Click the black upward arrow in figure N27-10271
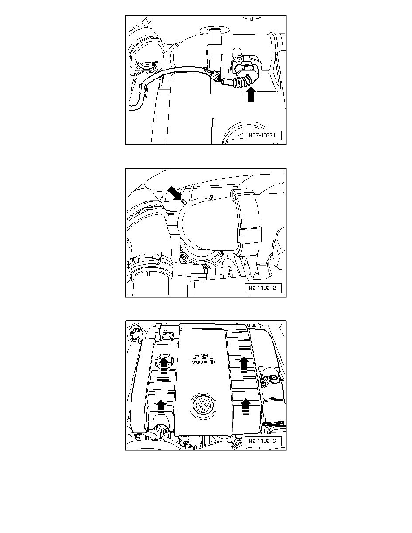pos(250,95)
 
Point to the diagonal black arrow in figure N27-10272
pos(175,193)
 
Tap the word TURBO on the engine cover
pos(203,363)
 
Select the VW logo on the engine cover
pos(203,405)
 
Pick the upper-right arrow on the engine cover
pos(243,364)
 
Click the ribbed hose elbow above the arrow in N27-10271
pos(243,80)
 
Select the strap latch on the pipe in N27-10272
pos(249,236)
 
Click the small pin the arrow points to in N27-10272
pos(184,202)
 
